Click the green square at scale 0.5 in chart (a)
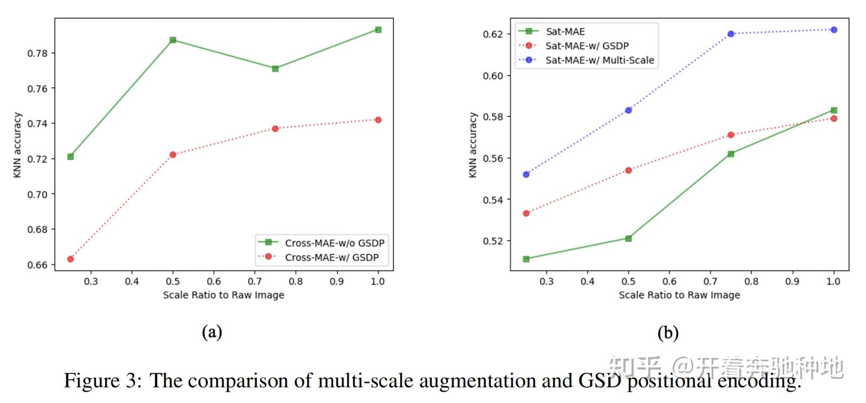coord(173,40)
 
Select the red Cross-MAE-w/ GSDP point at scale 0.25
coord(70,259)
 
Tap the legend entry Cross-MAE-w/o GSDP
coord(334,243)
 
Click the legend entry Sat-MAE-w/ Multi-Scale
coord(599,60)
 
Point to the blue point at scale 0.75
coord(731,34)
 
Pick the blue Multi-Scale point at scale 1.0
coord(834,30)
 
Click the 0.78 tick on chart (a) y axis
coord(37,53)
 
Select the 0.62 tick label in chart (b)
coord(493,34)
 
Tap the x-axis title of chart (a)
coord(223,295)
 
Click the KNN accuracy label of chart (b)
coord(473,145)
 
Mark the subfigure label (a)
coord(212,332)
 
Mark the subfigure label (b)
coord(668,333)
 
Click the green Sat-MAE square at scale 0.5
coord(628,239)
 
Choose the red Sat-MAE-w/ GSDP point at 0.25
coord(526,214)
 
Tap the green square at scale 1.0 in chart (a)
coord(378,30)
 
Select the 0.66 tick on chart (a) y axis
coord(37,265)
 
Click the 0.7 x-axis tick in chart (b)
coord(710,281)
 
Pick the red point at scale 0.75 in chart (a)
coord(275,129)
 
